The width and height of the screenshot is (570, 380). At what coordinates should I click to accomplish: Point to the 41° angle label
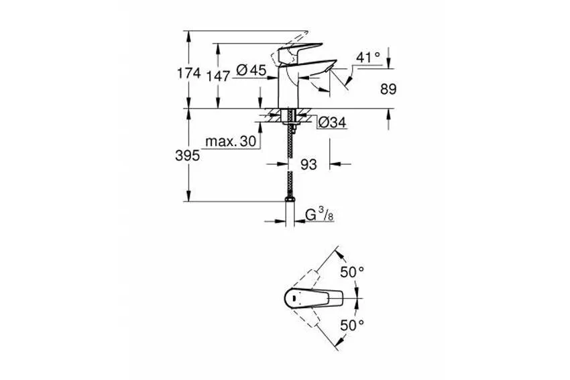point(367,58)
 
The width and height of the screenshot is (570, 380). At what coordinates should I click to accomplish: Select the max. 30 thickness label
point(231,141)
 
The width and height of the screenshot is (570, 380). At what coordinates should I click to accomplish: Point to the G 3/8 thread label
point(319,216)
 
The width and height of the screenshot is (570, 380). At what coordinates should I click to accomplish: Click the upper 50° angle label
point(351,272)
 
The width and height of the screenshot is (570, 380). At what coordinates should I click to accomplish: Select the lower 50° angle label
point(351,324)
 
